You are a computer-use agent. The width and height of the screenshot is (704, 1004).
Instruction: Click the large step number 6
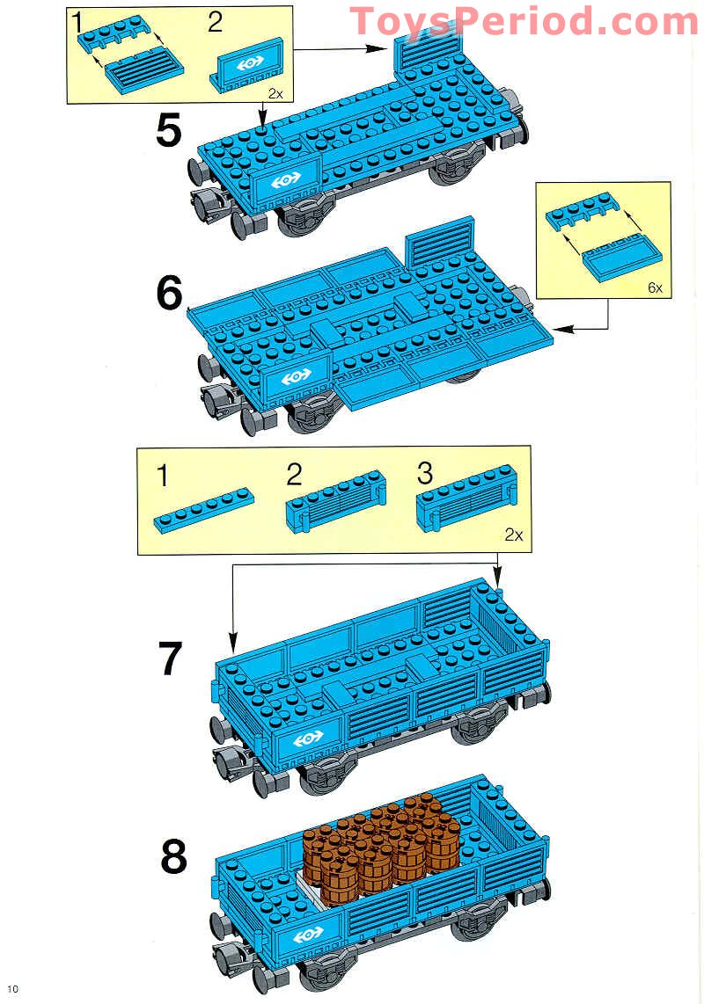coord(169,295)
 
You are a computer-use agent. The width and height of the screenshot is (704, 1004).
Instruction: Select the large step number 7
coord(170,659)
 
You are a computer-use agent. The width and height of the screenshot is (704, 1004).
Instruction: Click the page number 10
coord(11,988)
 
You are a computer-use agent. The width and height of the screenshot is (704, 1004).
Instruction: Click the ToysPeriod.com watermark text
coord(524,21)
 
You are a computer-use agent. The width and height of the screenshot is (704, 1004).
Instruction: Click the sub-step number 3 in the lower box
coord(425,475)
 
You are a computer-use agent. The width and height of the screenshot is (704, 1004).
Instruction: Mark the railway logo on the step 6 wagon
coord(294,377)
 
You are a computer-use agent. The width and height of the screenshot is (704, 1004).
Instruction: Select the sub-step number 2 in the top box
coord(216,22)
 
